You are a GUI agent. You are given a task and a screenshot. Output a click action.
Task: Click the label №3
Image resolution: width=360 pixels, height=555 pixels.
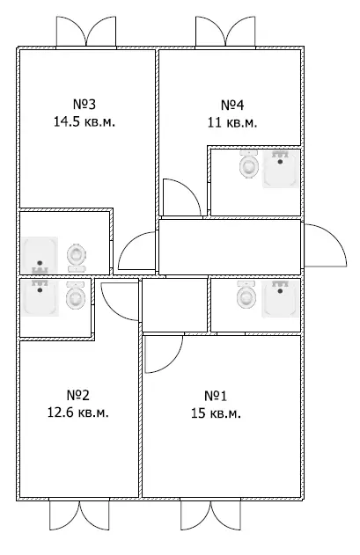pyautogui.click(x=84, y=105)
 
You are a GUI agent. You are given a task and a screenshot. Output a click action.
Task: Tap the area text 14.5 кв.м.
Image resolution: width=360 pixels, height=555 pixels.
pyautogui.click(x=84, y=122)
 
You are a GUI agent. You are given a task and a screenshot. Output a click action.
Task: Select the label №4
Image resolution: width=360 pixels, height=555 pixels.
pyautogui.click(x=232, y=106)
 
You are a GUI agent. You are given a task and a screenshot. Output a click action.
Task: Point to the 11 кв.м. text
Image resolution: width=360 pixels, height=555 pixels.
pyautogui.click(x=232, y=123)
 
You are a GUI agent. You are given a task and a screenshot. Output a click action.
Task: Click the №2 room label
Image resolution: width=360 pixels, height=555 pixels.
pyautogui.click(x=78, y=395)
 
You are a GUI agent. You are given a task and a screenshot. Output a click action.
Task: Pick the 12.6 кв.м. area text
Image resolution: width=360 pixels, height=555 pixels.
pyautogui.click(x=78, y=413)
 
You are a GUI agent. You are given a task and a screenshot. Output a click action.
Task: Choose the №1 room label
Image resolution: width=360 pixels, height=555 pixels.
pyautogui.click(x=216, y=396)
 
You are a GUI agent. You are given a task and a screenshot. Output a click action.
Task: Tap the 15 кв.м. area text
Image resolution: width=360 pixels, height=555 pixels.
pyautogui.click(x=217, y=413)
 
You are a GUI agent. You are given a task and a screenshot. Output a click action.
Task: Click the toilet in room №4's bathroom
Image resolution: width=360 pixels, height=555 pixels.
pyautogui.click(x=249, y=164)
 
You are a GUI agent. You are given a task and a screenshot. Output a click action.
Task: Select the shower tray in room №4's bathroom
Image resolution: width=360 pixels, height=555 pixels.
pyautogui.click(x=281, y=169)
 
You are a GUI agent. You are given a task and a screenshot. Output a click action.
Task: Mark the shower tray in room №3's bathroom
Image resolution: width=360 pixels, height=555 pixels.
pyautogui.click(x=40, y=255)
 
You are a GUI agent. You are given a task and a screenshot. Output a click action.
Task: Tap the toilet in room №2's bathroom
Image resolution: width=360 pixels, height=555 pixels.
pyautogui.click(x=76, y=295)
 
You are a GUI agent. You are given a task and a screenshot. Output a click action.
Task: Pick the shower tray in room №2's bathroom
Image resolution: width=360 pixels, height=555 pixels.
pyautogui.click(x=40, y=297)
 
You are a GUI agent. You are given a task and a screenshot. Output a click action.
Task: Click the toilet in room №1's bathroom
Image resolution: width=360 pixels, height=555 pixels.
pyautogui.click(x=246, y=295)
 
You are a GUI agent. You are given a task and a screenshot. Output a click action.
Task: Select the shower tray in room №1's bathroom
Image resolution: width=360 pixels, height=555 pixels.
pyautogui.click(x=281, y=298)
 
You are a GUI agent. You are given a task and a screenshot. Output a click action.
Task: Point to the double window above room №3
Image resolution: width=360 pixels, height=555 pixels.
pyautogui.click(x=86, y=32)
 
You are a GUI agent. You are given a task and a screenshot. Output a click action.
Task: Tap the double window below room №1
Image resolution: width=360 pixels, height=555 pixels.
pyautogui.click(x=211, y=515)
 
